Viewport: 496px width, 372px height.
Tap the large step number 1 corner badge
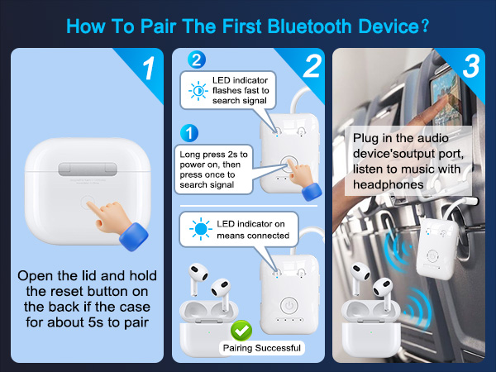pyautogui.click(x=147, y=69)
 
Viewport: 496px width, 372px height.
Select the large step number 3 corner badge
pyautogui.click(x=470, y=68)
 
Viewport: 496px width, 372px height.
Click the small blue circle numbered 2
pyautogui.click(x=196, y=59)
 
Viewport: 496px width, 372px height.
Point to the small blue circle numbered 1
pyautogui.click(x=189, y=132)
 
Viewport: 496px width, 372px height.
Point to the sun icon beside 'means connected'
pyautogui.click(x=199, y=227)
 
